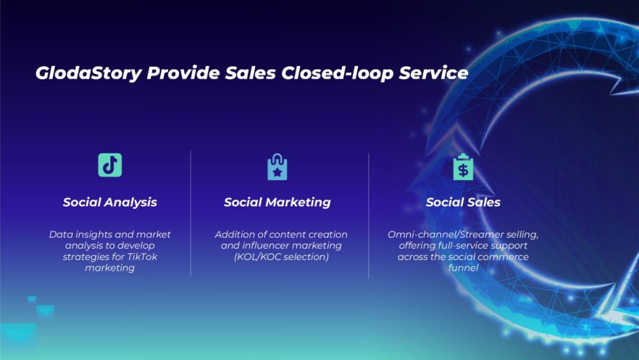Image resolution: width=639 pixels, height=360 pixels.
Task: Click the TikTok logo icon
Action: [110, 165]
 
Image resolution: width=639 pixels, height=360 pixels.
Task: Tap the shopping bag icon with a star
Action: [277, 167]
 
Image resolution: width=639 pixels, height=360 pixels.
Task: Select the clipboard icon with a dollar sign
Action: [464, 167]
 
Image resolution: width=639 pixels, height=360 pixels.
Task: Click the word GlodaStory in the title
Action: [89, 73]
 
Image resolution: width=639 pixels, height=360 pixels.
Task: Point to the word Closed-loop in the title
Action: [338, 73]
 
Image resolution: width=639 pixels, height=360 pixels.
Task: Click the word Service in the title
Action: [434, 73]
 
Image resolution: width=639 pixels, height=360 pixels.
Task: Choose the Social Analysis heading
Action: [110, 202]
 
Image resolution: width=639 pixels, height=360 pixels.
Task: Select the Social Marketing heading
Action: [277, 202]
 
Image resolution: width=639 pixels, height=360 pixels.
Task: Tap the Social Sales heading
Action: [464, 202]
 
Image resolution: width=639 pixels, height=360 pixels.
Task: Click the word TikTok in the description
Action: [143, 256]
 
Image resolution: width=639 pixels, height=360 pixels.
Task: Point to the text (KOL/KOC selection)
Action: [281, 257]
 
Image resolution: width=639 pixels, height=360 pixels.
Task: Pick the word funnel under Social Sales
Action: [464, 268]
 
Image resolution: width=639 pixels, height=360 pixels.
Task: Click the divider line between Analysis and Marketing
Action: [191, 213]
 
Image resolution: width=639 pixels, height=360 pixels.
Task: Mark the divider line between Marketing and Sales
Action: [369, 216]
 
